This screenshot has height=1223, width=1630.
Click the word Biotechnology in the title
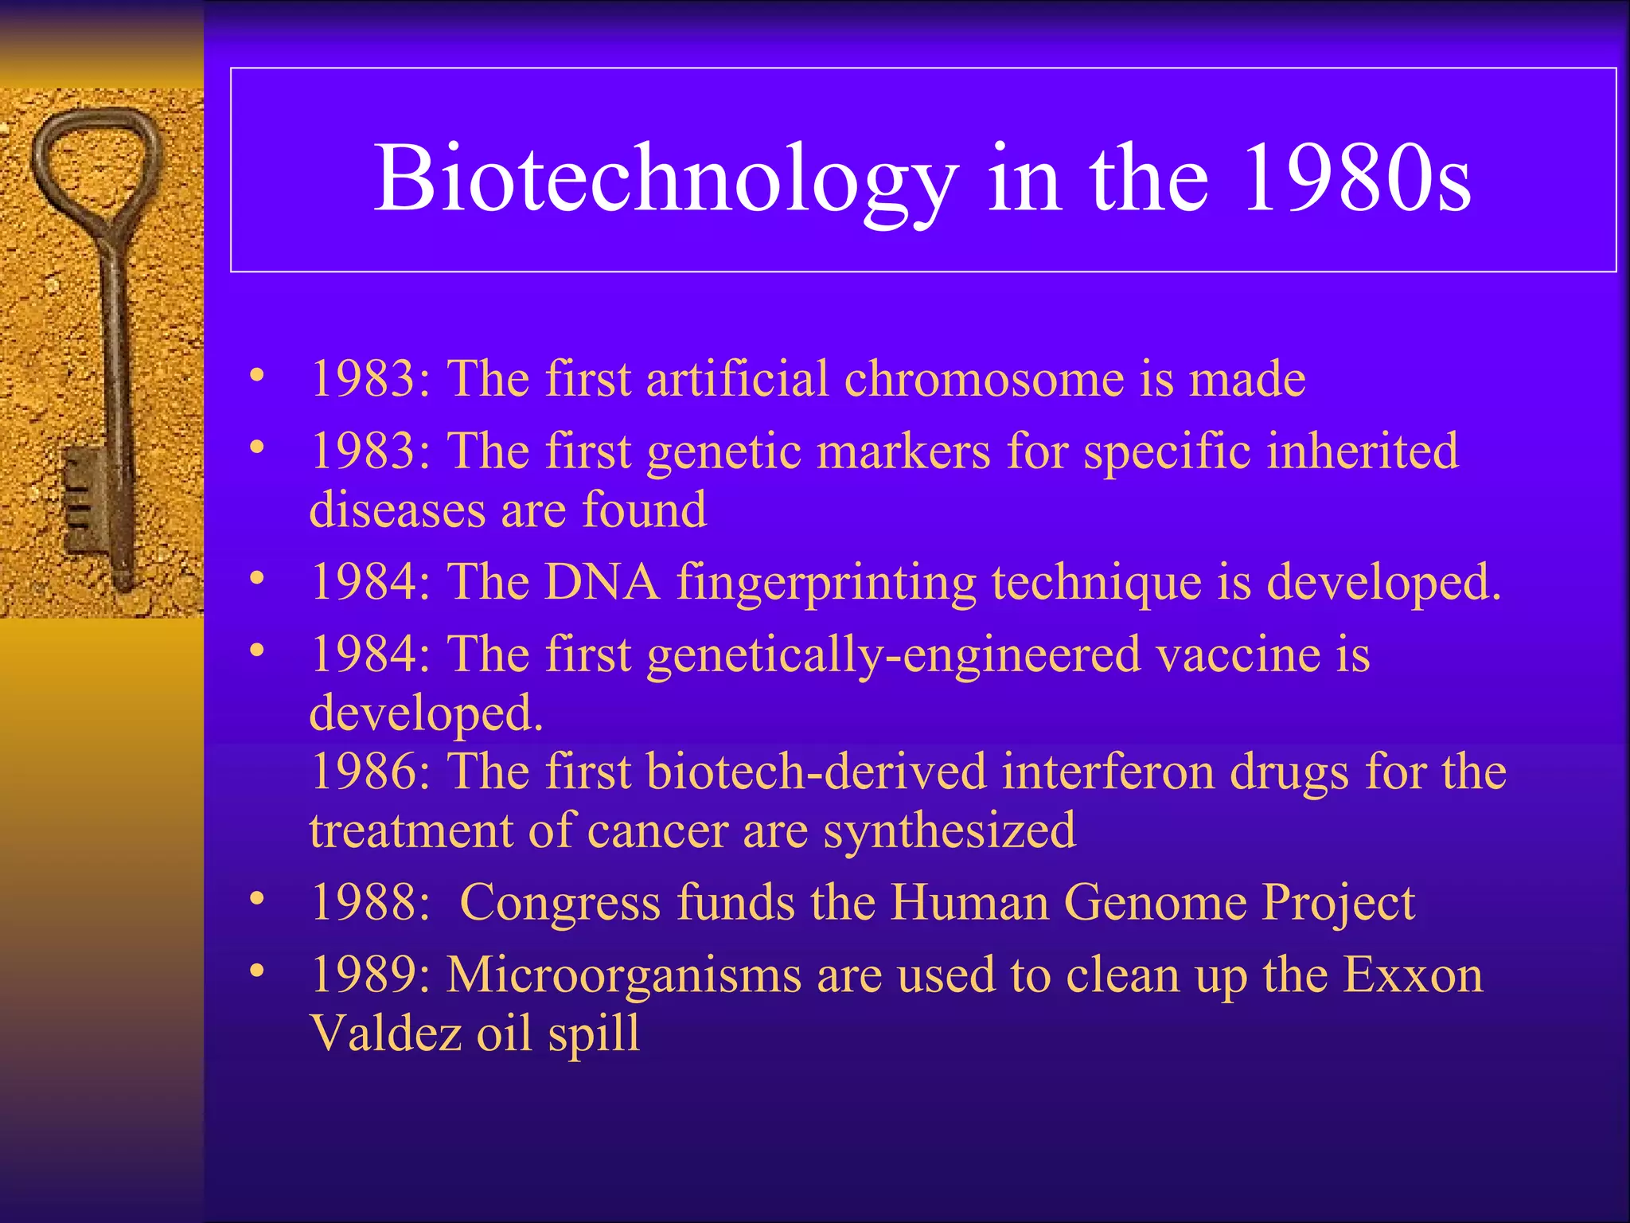665,179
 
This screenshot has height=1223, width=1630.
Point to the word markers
903,451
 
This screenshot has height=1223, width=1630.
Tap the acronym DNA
602,582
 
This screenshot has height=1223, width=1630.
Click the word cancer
657,831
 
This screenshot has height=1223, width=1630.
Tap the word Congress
560,904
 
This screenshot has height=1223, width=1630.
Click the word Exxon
1413,975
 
